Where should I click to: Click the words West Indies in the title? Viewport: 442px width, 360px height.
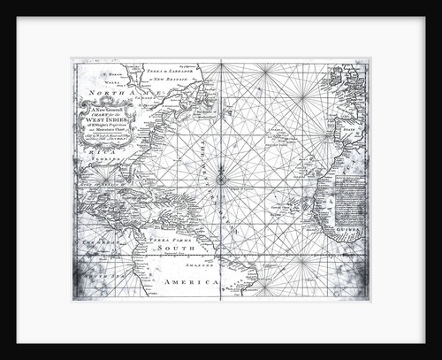point(106,119)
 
